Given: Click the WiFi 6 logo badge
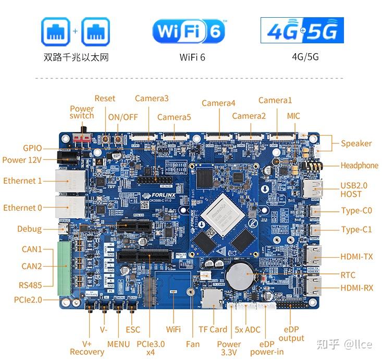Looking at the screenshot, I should (189, 31).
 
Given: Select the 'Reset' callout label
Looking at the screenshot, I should (105, 99).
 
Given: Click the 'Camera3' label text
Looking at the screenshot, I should (152, 99).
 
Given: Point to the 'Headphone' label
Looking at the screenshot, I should (359, 165).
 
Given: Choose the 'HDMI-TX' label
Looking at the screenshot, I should (356, 257).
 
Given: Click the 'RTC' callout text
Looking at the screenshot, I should (348, 275).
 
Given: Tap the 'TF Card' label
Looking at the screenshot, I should (213, 329).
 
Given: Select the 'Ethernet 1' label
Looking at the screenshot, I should (22, 181).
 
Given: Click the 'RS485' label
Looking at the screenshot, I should (30, 285).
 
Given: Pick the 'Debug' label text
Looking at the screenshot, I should (29, 229).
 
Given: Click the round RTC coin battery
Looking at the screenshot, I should (238, 272).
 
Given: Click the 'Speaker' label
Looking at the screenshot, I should (356, 143).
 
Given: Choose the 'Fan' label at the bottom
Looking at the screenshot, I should (192, 344).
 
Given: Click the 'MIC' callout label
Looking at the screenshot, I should (293, 116).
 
